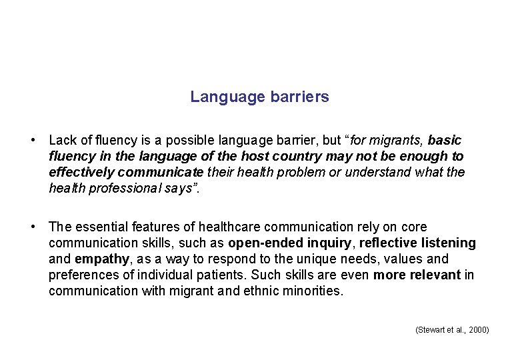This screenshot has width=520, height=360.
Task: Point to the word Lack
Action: click(x=63, y=141)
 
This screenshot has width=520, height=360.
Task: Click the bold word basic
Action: click(x=445, y=141)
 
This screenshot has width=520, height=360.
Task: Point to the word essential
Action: click(x=102, y=227)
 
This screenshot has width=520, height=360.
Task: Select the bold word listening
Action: click(x=449, y=243)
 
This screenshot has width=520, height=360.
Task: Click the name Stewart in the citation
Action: click(x=431, y=330)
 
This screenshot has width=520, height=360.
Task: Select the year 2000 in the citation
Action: click(x=478, y=330)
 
